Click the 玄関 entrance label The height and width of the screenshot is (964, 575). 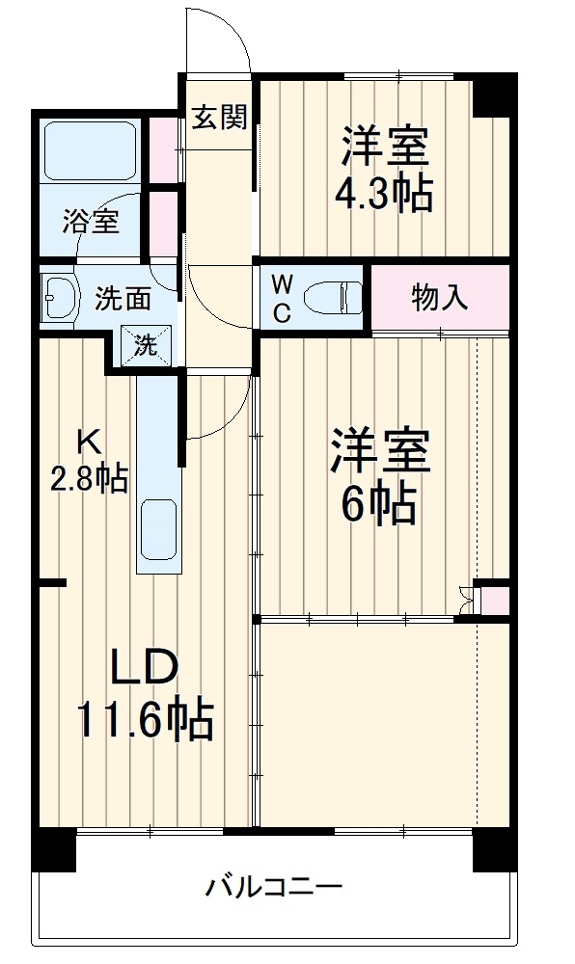point(218,117)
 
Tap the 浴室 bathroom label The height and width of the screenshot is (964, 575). point(91,221)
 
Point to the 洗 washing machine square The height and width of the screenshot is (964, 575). point(145,345)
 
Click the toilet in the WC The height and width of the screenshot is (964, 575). point(331,297)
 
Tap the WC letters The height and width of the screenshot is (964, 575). point(281,297)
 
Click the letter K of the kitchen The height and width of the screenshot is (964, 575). point(89,442)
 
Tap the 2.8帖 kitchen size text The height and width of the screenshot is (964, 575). point(89,479)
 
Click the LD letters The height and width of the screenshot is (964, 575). point(145,668)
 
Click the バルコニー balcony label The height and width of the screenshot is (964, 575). point(273,886)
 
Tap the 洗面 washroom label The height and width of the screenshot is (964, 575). point(123,299)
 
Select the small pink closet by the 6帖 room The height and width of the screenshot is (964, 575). point(495,600)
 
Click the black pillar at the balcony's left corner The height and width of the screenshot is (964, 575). point(53,849)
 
